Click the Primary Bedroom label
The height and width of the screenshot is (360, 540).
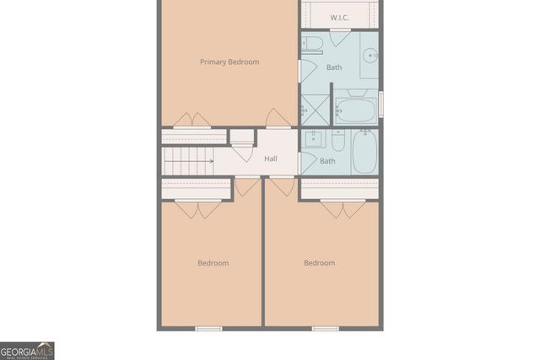[229, 62]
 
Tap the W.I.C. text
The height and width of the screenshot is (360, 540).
[339, 17]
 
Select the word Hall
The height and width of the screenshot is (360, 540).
[271, 159]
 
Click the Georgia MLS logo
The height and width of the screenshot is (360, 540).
[27, 350]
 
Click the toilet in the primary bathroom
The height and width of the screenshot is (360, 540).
[311, 44]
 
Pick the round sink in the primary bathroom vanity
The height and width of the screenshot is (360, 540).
[370, 56]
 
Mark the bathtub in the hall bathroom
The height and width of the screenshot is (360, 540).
[364, 152]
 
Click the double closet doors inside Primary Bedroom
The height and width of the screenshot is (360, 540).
[190, 120]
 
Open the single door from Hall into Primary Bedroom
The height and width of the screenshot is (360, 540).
[278, 119]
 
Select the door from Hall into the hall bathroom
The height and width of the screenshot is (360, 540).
[308, 160]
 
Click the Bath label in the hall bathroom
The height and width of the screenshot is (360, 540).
[327, 161]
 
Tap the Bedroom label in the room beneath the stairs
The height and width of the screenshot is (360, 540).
[213, 263]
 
